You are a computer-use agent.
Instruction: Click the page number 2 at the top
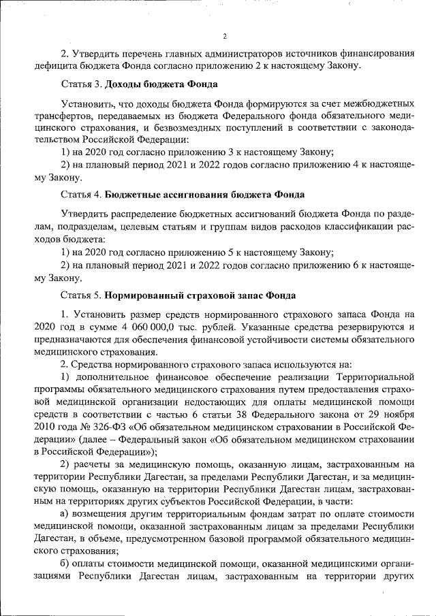point(223,36)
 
